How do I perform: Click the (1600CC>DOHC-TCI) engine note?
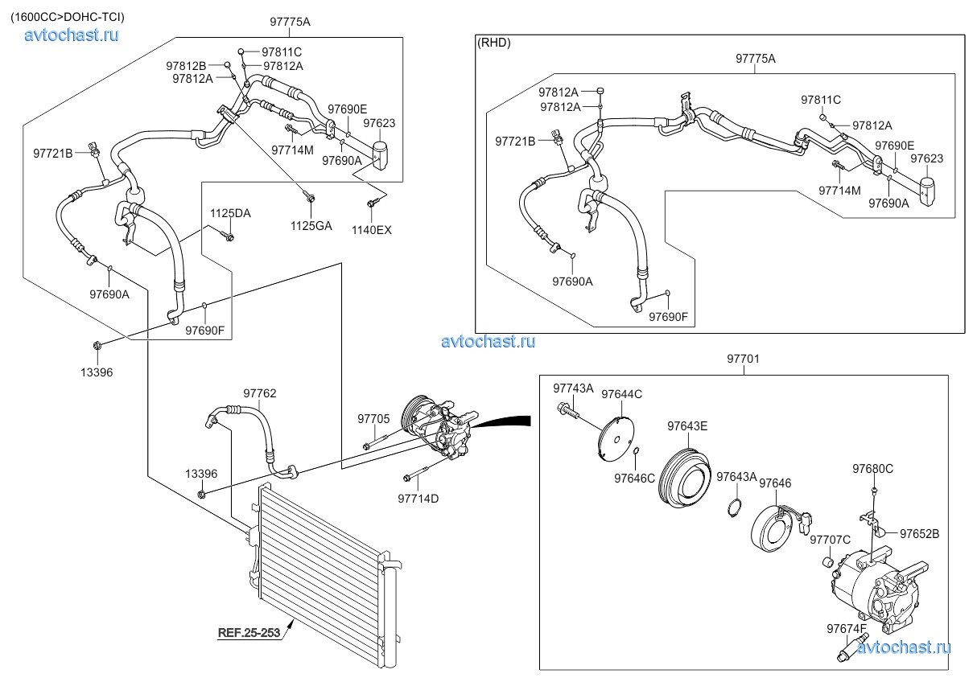coord(68,17)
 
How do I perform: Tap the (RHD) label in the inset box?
coord(494,43)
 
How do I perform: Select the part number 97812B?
coord(186,66)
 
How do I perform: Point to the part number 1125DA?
coord(230,213)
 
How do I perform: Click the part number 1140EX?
coord(372,230)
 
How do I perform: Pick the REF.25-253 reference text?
coord(249,633)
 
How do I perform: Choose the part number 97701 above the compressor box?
coord(744,359)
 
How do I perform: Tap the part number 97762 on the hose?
coord(259,393)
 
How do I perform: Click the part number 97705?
coord(373,419)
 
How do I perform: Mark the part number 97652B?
coord(919,534)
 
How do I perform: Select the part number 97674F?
coord(847,629)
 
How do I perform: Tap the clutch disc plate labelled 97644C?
coord(616,439)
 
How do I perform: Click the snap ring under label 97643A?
coord(734,508)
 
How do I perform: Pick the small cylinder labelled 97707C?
coord(828,562)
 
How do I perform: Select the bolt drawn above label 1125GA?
coord(310,199)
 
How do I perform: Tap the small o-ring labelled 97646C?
coord(636,450)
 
